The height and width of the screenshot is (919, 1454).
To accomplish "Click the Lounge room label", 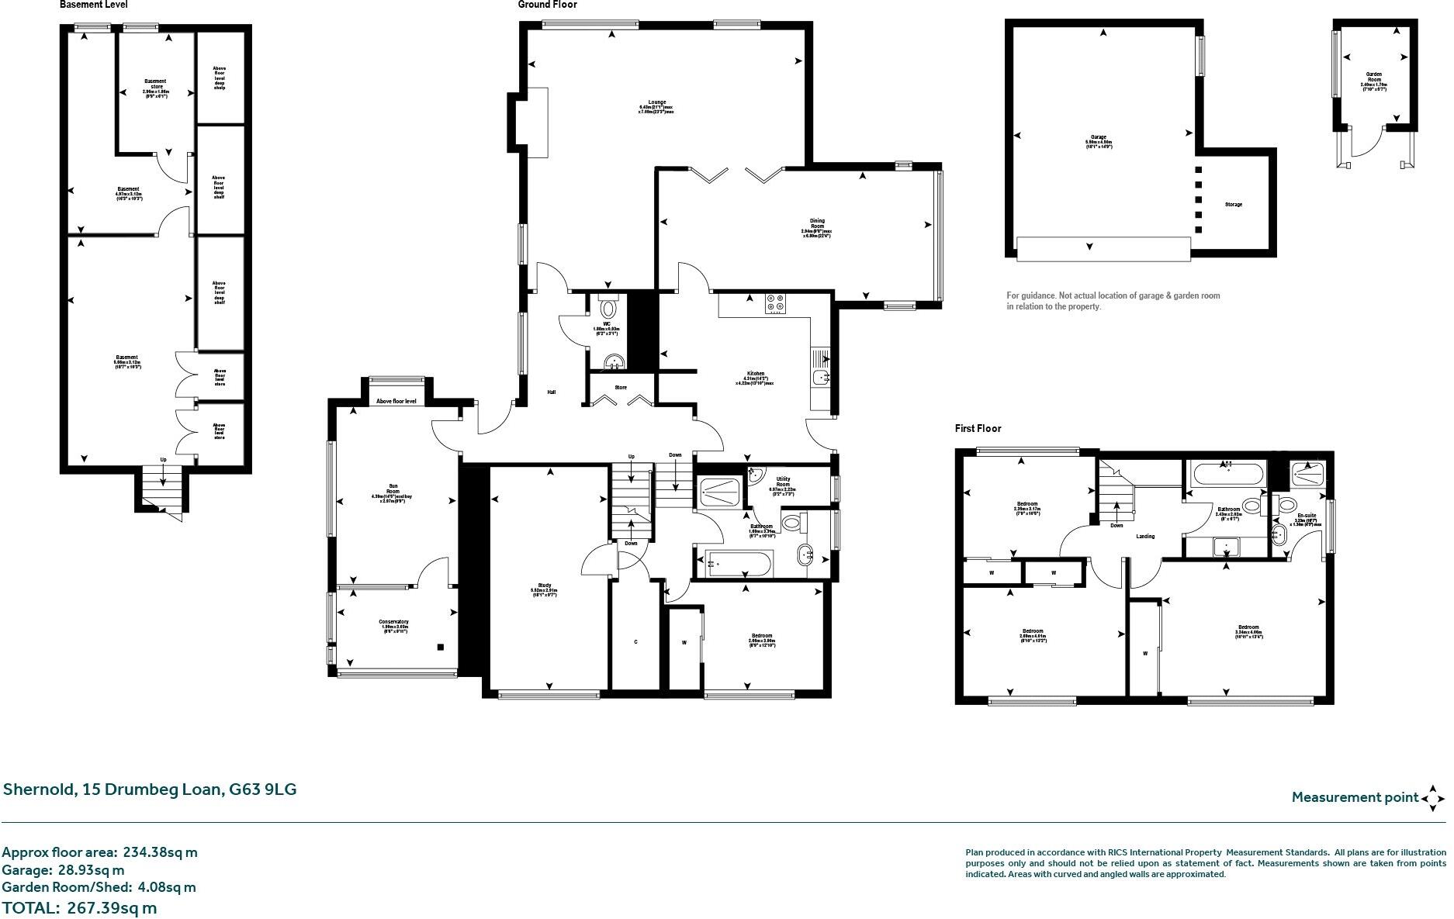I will (x=656, y=107).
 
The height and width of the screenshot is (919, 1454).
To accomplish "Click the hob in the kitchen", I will (x=775, y=304).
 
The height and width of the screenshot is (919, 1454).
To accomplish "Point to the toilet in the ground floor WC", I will (x=608, y=309).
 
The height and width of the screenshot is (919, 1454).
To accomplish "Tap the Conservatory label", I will (x=393, y=625).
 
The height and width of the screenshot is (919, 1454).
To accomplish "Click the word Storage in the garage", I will (x=1233, y=205).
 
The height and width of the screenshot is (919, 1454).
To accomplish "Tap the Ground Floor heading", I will (x=547, y=5).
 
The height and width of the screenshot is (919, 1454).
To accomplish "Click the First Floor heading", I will (x=978, y=428).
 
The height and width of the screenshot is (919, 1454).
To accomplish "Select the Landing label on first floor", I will (x=1144, y=536).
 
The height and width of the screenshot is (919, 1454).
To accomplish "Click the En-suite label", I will (x=1306, y=515).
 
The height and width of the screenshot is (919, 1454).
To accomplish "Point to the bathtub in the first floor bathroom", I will (x=1227, y=473).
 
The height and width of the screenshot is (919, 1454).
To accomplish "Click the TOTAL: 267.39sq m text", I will (x=79, y=907).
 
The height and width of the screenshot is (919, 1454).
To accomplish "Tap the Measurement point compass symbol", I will (x=1433, y=797).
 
